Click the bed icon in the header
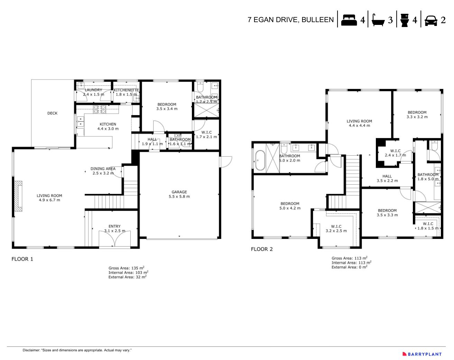(349, 20)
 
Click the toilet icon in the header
(405, 20)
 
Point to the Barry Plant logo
(422, 354)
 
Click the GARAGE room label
(179, 192)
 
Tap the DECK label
(53, 113)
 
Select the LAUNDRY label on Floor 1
(93, 90)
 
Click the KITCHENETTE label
(126, 90)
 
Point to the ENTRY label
(114, 227)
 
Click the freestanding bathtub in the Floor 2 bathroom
(260, 160)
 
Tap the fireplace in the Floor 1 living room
(18, 196)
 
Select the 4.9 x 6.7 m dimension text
(49, 200)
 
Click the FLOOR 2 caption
(262, 249)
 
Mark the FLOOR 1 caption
(22, 259)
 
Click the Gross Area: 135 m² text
(126, 268)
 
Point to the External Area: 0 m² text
(349, 267)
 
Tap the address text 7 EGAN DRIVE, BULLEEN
(290, 20)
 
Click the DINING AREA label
(103, 169)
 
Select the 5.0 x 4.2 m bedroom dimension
(290, 208)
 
